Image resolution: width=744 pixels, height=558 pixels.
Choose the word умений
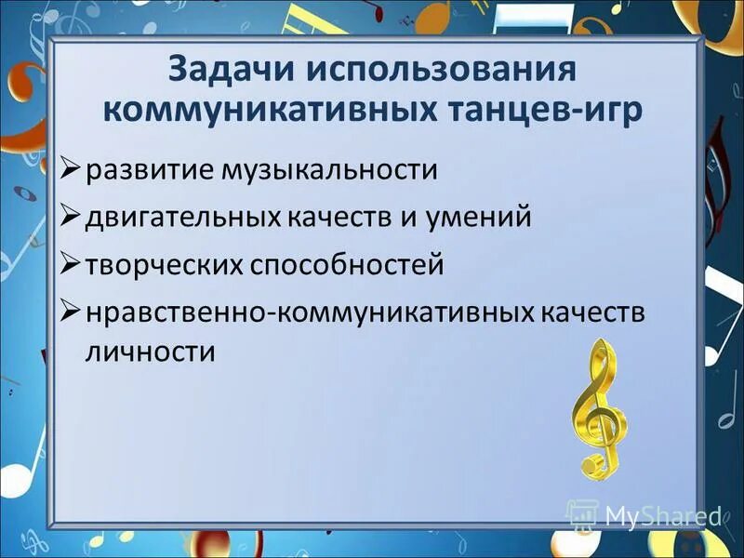(474, 218)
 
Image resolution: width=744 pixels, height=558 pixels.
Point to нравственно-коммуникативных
(307, 312)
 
